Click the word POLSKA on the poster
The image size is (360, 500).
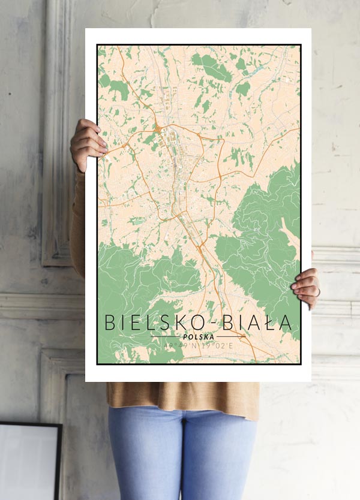tap(199, 336)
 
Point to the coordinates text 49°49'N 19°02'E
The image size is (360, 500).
tap(199, 345)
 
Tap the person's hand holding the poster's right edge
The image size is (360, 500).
tap(307, 288)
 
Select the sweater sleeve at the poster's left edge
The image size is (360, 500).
tap(77, 222)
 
